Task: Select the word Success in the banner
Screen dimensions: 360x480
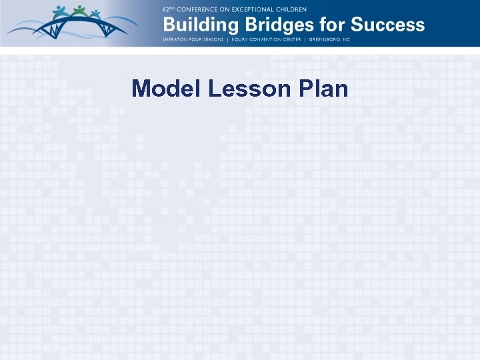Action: tap(387, 25)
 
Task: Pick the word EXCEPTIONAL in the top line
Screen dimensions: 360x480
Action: tap(251, 10)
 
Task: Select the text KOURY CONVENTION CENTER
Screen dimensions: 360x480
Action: tap(265, 40)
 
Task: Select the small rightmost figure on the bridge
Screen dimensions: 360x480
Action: tap(96, 14)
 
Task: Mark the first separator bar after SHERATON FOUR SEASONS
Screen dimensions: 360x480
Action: tap(226, 40)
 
